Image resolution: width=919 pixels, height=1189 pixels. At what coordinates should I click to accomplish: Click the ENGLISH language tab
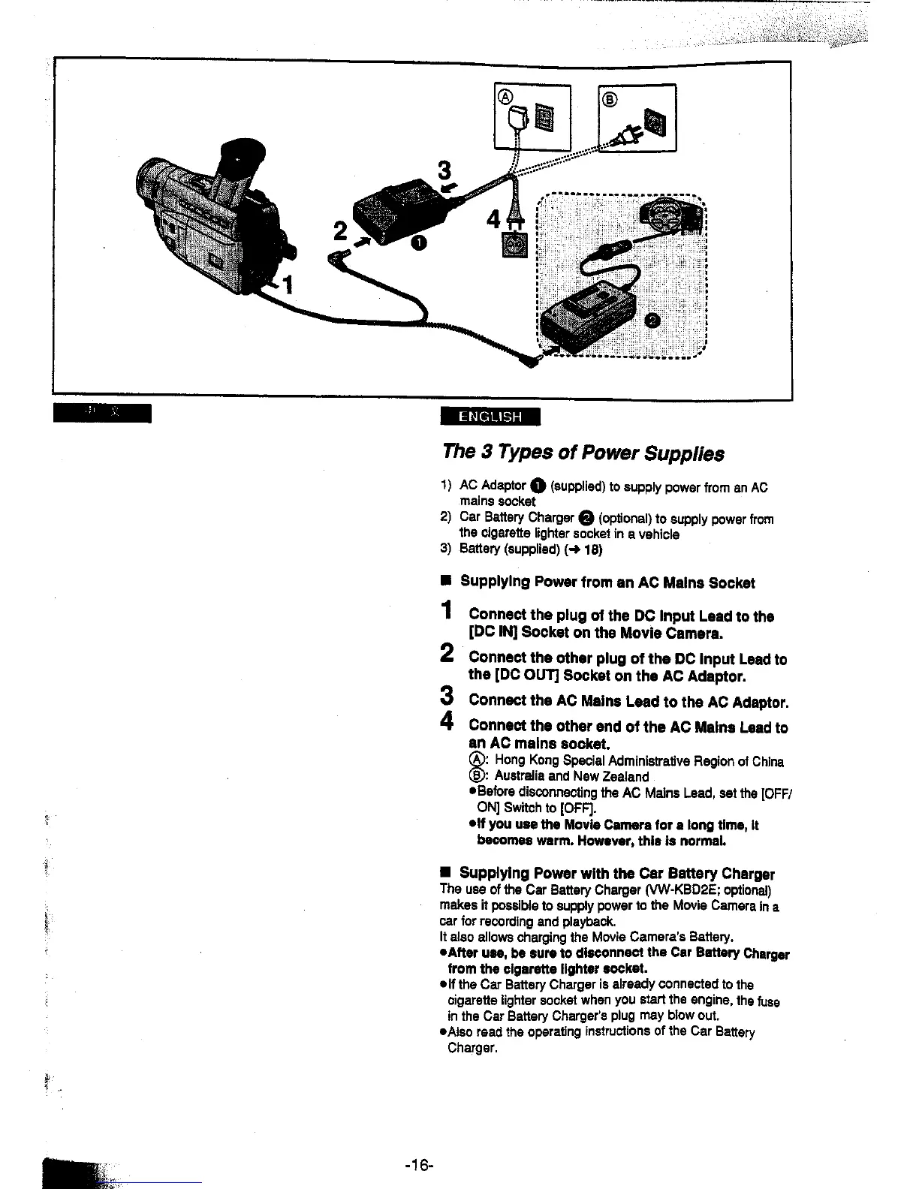click(x=490, y=417)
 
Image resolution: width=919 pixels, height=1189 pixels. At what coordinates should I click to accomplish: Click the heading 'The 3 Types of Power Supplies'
click(x=583, y=453)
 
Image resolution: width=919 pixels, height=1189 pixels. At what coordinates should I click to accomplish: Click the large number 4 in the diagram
click(x=493, y=221)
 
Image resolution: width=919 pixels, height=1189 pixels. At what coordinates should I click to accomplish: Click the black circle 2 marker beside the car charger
click(x=652, y=321)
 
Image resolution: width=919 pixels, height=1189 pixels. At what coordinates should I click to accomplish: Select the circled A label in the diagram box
click(x=506, y=97)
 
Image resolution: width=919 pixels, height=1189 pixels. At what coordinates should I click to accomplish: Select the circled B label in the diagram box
click(x=609, y=98)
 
